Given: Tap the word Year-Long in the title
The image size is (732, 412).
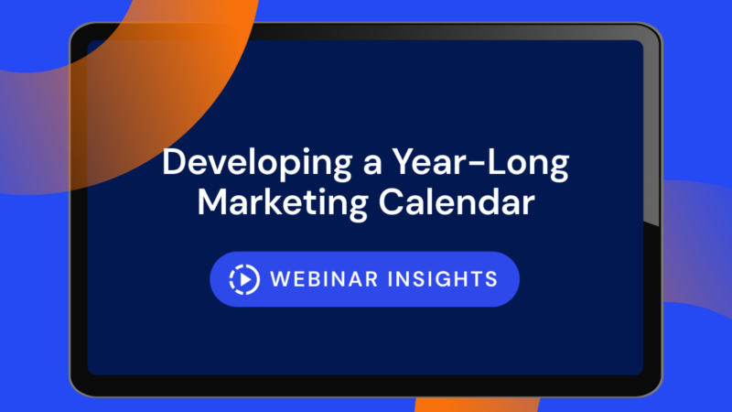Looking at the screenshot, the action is (x=480, y=164).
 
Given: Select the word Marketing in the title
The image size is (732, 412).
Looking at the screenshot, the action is (x=283, y=202).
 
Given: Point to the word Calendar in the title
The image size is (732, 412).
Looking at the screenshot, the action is (x=457, y=201).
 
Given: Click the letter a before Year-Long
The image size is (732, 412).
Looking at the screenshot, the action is (x=372, y=166).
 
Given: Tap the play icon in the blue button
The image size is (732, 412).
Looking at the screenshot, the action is (x=244, y=279).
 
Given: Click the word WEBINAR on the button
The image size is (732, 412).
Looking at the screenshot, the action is (x=324, y=279).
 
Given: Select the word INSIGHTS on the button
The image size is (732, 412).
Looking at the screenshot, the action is (x=443, y=279).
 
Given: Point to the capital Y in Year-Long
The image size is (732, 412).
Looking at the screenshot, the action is (x=404, y=162).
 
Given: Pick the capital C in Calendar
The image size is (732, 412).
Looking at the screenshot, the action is (x=391, y=201).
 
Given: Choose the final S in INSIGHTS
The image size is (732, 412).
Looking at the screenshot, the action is (x=491, y=279).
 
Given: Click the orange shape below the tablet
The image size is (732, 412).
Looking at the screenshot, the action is (x=477, y=405).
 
